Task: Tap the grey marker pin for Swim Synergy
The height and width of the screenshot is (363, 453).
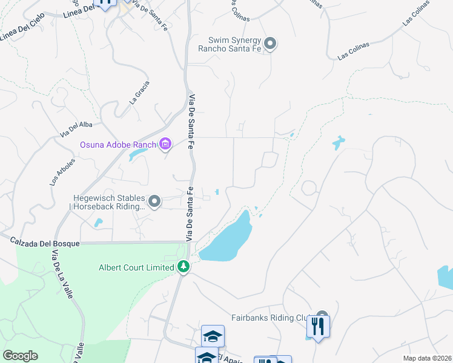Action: point(271,44)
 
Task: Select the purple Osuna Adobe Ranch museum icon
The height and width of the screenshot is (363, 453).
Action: point(165,144)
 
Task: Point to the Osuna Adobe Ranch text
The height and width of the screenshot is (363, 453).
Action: point(118,145)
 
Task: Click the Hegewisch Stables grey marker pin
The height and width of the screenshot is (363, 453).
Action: point(154,201)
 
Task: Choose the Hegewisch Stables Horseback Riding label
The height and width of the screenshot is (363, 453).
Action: point(109,201)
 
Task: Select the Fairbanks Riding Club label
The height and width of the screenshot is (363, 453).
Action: point(271,317)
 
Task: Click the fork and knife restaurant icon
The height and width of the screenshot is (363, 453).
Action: point(317,327)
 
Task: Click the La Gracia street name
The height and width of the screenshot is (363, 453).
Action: point(139,93)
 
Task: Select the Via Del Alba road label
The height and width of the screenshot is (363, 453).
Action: point(76,128)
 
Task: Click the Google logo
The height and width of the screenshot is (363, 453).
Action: point(20,356)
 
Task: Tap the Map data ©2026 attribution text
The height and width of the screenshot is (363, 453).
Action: point(426,358)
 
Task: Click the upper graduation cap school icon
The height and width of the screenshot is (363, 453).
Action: point(213,336)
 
